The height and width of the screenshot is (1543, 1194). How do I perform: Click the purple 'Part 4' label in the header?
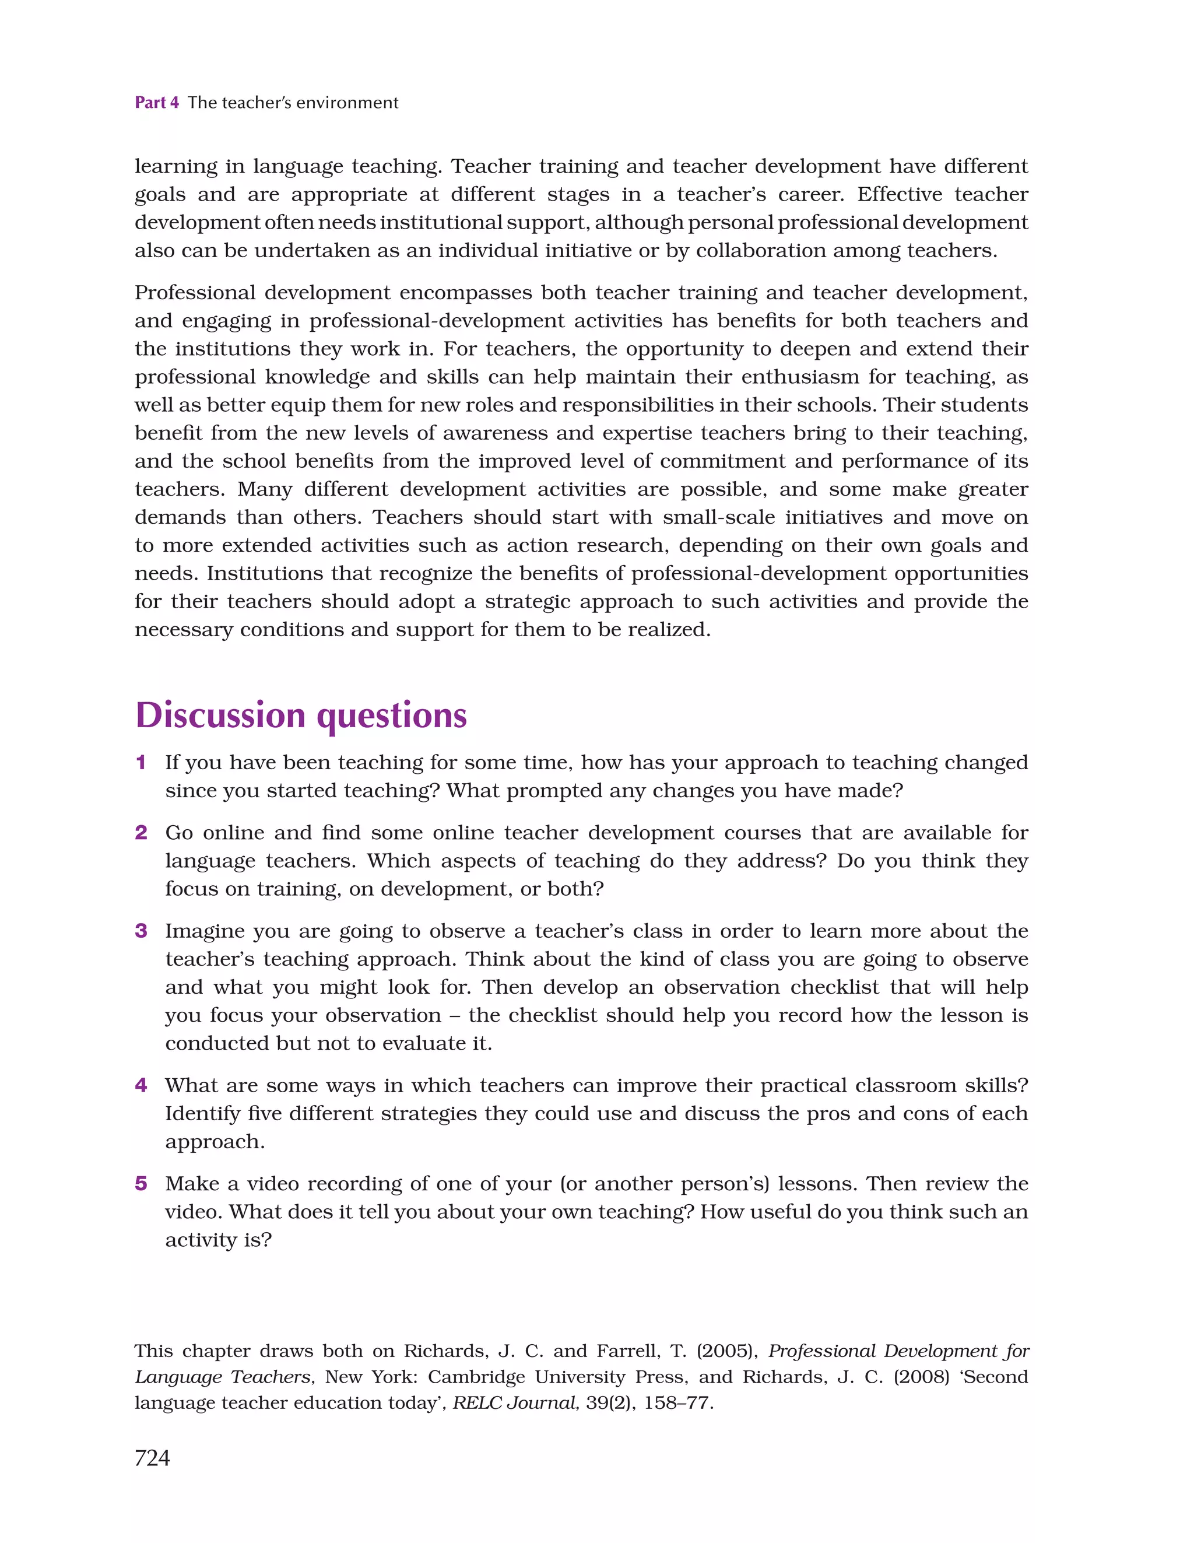click(x=156, y=103)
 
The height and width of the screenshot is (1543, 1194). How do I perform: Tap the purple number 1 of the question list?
click(x=141, y=762)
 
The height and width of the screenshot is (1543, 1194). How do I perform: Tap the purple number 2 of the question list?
click(x=141, y=832)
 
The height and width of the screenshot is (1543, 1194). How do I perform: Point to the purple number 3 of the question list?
click(x=141, y=931)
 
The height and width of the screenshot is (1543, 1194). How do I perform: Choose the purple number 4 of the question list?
click(x=141, y=1085)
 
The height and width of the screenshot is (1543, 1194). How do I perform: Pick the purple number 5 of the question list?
click(x=141, y=1183)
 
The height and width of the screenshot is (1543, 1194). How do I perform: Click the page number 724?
click(x=152, y=1457)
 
